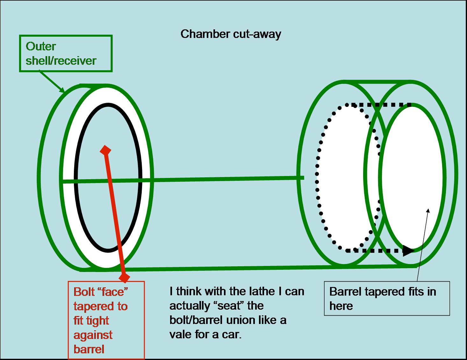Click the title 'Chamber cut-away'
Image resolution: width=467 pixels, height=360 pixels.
pos(231,34)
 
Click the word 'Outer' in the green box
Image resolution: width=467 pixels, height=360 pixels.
pos(41,46)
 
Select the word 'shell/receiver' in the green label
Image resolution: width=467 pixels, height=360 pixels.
pos(61,61)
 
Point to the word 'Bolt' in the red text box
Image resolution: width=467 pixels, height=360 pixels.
pos(84,291)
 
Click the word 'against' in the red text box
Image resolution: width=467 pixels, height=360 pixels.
pos(93,335)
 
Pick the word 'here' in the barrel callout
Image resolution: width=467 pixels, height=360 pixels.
pos(341,306)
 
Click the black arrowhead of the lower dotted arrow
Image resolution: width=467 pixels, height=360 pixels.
pos(408,251)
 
